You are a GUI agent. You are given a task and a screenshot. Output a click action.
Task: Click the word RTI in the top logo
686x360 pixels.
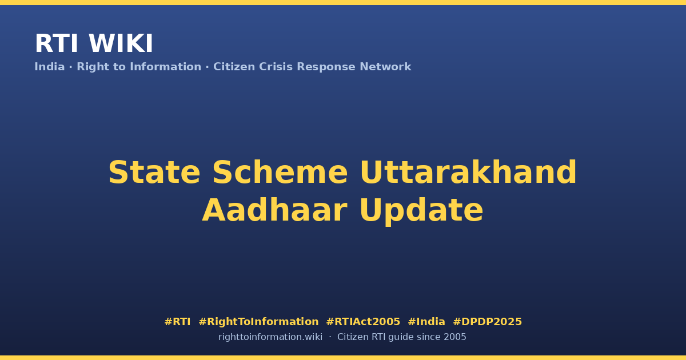pos(57,43)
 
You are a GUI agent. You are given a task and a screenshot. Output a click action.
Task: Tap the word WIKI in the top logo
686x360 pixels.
pos(121,43)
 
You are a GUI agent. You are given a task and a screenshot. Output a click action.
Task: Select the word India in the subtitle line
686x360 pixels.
pos(50,67)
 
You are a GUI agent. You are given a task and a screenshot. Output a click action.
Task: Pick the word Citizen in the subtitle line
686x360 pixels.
pos(234,67)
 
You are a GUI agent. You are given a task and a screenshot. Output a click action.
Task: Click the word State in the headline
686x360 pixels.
pos(154,173)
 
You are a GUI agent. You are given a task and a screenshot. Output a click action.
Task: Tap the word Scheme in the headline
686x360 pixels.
pos(280,173)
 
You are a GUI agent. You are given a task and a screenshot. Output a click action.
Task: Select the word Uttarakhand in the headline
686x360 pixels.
pos(469,173)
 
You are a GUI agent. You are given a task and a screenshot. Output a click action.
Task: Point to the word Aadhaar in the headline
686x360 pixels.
pos(275,210)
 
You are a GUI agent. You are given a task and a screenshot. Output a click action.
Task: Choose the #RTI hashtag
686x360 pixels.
pos(177,322)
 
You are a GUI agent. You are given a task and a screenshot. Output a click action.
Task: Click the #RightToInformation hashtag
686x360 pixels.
pos(259,322)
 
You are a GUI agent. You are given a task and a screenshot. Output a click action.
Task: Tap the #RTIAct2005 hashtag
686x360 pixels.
pos(363,322)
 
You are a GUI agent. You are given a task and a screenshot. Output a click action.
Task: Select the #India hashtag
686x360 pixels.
pos(426,322)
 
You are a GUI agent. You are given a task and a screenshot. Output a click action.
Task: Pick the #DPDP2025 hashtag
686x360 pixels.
pos(488,322)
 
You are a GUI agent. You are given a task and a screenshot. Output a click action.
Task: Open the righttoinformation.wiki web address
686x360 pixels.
pos(270,337)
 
